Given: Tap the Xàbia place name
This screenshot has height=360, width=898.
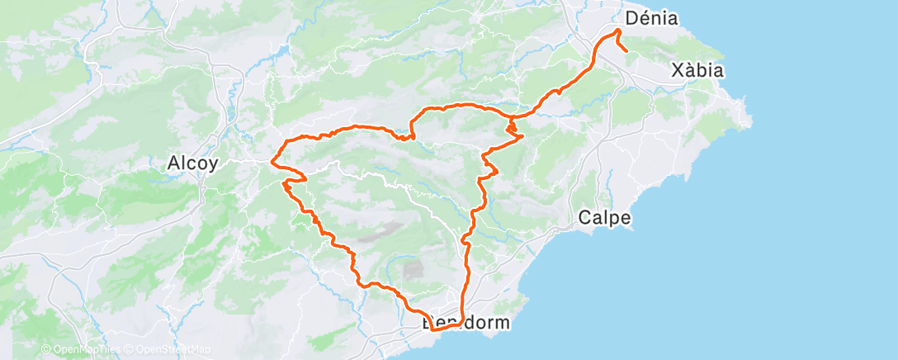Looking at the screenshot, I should (697, 70).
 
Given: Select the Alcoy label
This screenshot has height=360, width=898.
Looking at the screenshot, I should (192, 163).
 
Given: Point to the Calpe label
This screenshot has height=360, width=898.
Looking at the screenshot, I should (605, 218).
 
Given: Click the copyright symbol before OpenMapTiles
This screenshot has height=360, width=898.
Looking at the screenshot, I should (45, 350).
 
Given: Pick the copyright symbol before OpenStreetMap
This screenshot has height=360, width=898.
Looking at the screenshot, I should (130, 350).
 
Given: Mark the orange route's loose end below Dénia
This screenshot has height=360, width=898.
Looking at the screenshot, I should (627, 52).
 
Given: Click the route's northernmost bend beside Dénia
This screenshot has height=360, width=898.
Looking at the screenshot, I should (618, 31).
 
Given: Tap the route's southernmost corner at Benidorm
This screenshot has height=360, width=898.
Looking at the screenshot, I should (432, 330).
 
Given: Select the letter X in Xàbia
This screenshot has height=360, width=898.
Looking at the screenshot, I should (678, 70).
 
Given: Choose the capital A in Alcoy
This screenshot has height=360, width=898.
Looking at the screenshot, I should (173, 163).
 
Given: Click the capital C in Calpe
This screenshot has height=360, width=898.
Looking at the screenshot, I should (584, 218).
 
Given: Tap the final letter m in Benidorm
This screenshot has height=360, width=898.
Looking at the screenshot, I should (502, 322).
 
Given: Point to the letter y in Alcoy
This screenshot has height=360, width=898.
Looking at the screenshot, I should (213, 165).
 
